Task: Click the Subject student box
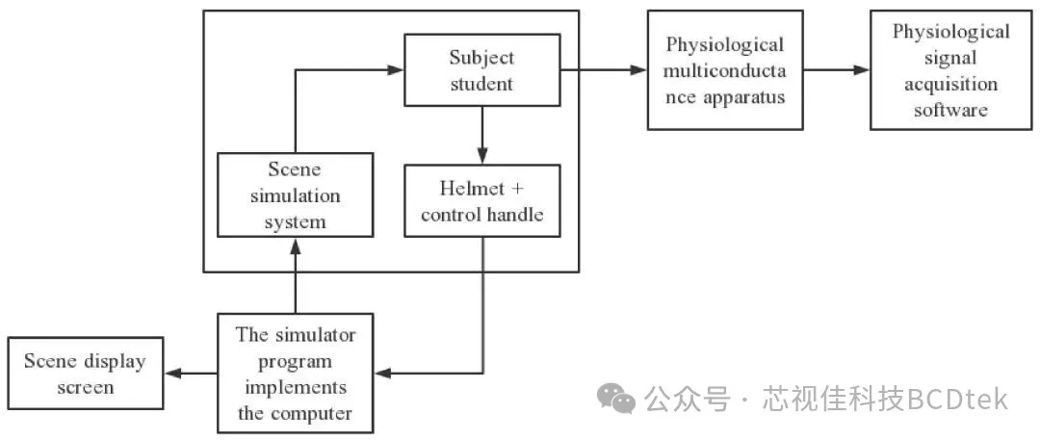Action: tap(481, 70)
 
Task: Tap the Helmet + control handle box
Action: tap(481, 200)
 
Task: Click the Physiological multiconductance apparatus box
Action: tap(725, 70)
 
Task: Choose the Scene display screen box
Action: tap(84, 375)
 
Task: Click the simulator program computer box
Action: tap(296, 375)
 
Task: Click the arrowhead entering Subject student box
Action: tap(396, 69)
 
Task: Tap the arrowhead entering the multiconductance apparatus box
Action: tap(638, 69)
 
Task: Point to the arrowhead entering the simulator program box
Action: tap(382, 374)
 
